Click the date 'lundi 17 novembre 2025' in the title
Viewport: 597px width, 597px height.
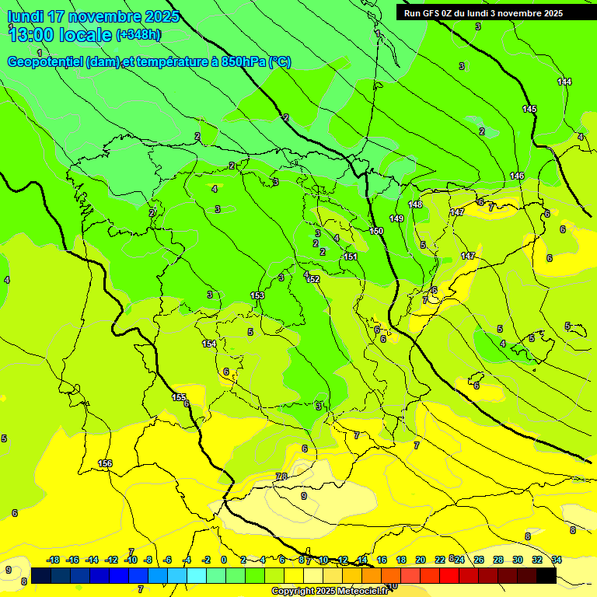click(x=93, y=16)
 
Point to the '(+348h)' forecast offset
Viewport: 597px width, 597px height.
click(x=138, y=35)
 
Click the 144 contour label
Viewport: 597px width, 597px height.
click(x=564, y=82)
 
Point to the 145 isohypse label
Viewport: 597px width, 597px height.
click(x=529, y=110)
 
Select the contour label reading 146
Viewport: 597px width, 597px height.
click(x=517, y=176)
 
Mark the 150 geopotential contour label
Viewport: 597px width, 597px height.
click(x=376, y=231)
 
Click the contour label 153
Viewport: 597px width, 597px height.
click(x=257, y=296)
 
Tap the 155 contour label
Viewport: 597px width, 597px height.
click(x=179, y=397)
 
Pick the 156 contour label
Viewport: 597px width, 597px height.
click(x=105, y=463)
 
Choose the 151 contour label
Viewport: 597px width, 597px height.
click(x=351, y=257)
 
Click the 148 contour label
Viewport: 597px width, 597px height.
click(x=415, y=204)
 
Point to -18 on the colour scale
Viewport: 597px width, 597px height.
click(x=53, y=560)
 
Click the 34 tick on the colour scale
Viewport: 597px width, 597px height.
click(x=557, y=560)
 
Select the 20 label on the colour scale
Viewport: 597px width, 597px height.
click(x=421, y=560)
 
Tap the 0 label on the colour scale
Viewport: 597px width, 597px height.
click(x=224, y=560)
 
